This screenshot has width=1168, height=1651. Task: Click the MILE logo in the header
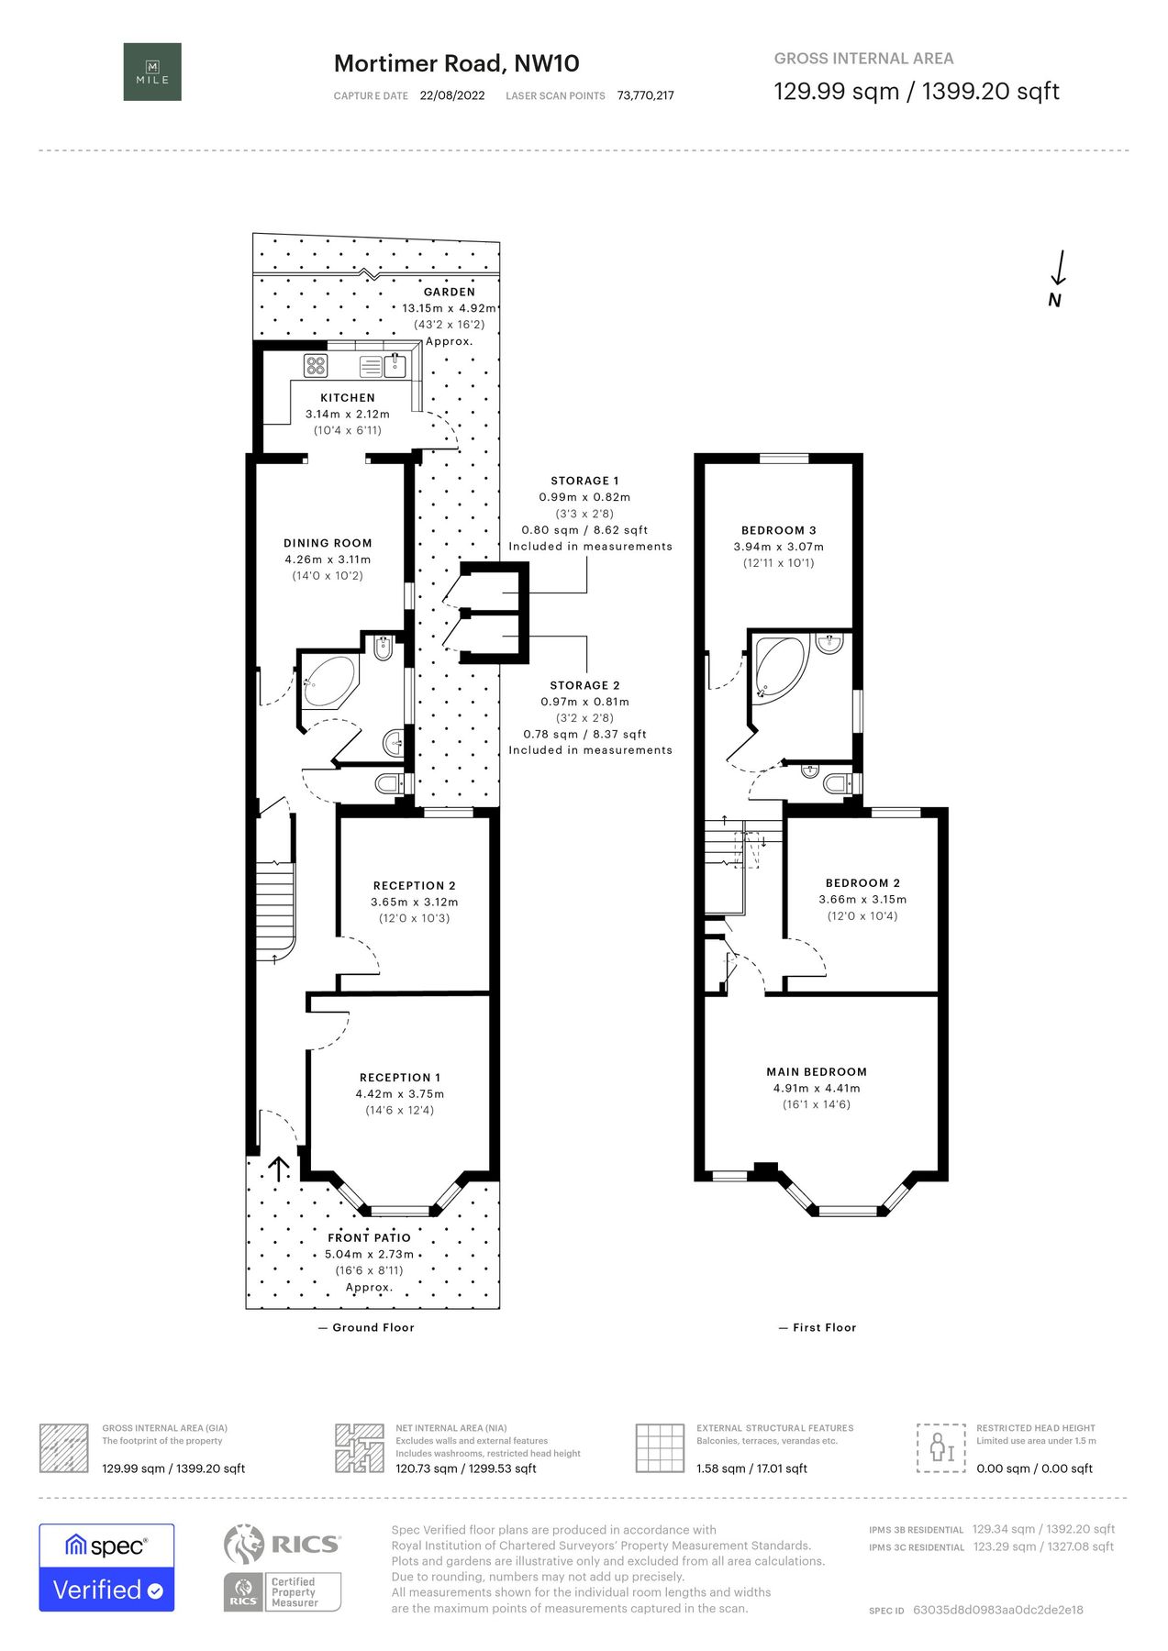[x=152, y=72]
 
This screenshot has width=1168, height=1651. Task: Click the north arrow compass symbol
[x=1058, y=279]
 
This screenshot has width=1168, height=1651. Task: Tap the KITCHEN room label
[x=348, y=398]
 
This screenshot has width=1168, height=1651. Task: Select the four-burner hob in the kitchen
[x=317, y=366]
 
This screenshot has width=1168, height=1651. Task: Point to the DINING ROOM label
[x=328, y=543]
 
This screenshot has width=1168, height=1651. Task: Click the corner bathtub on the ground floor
[x=329, y=680]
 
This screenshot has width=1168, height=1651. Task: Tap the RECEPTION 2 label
[x=415, y=886]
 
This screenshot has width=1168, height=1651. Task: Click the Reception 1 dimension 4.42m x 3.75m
[x=400, y=1094]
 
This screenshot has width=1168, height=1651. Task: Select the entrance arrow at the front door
[x=278, y=1168]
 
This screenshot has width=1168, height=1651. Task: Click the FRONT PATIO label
[x=370, y=1238]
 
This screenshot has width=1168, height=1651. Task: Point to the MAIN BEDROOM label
[x=817, y=1072]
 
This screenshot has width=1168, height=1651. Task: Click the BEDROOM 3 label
[x=779, y=531]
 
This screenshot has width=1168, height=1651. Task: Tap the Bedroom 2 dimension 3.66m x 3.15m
[x=862, y=900]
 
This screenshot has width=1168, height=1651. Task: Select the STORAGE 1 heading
[x=584, y=481]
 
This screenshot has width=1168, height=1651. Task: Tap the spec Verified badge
[x=106, y=1568]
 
